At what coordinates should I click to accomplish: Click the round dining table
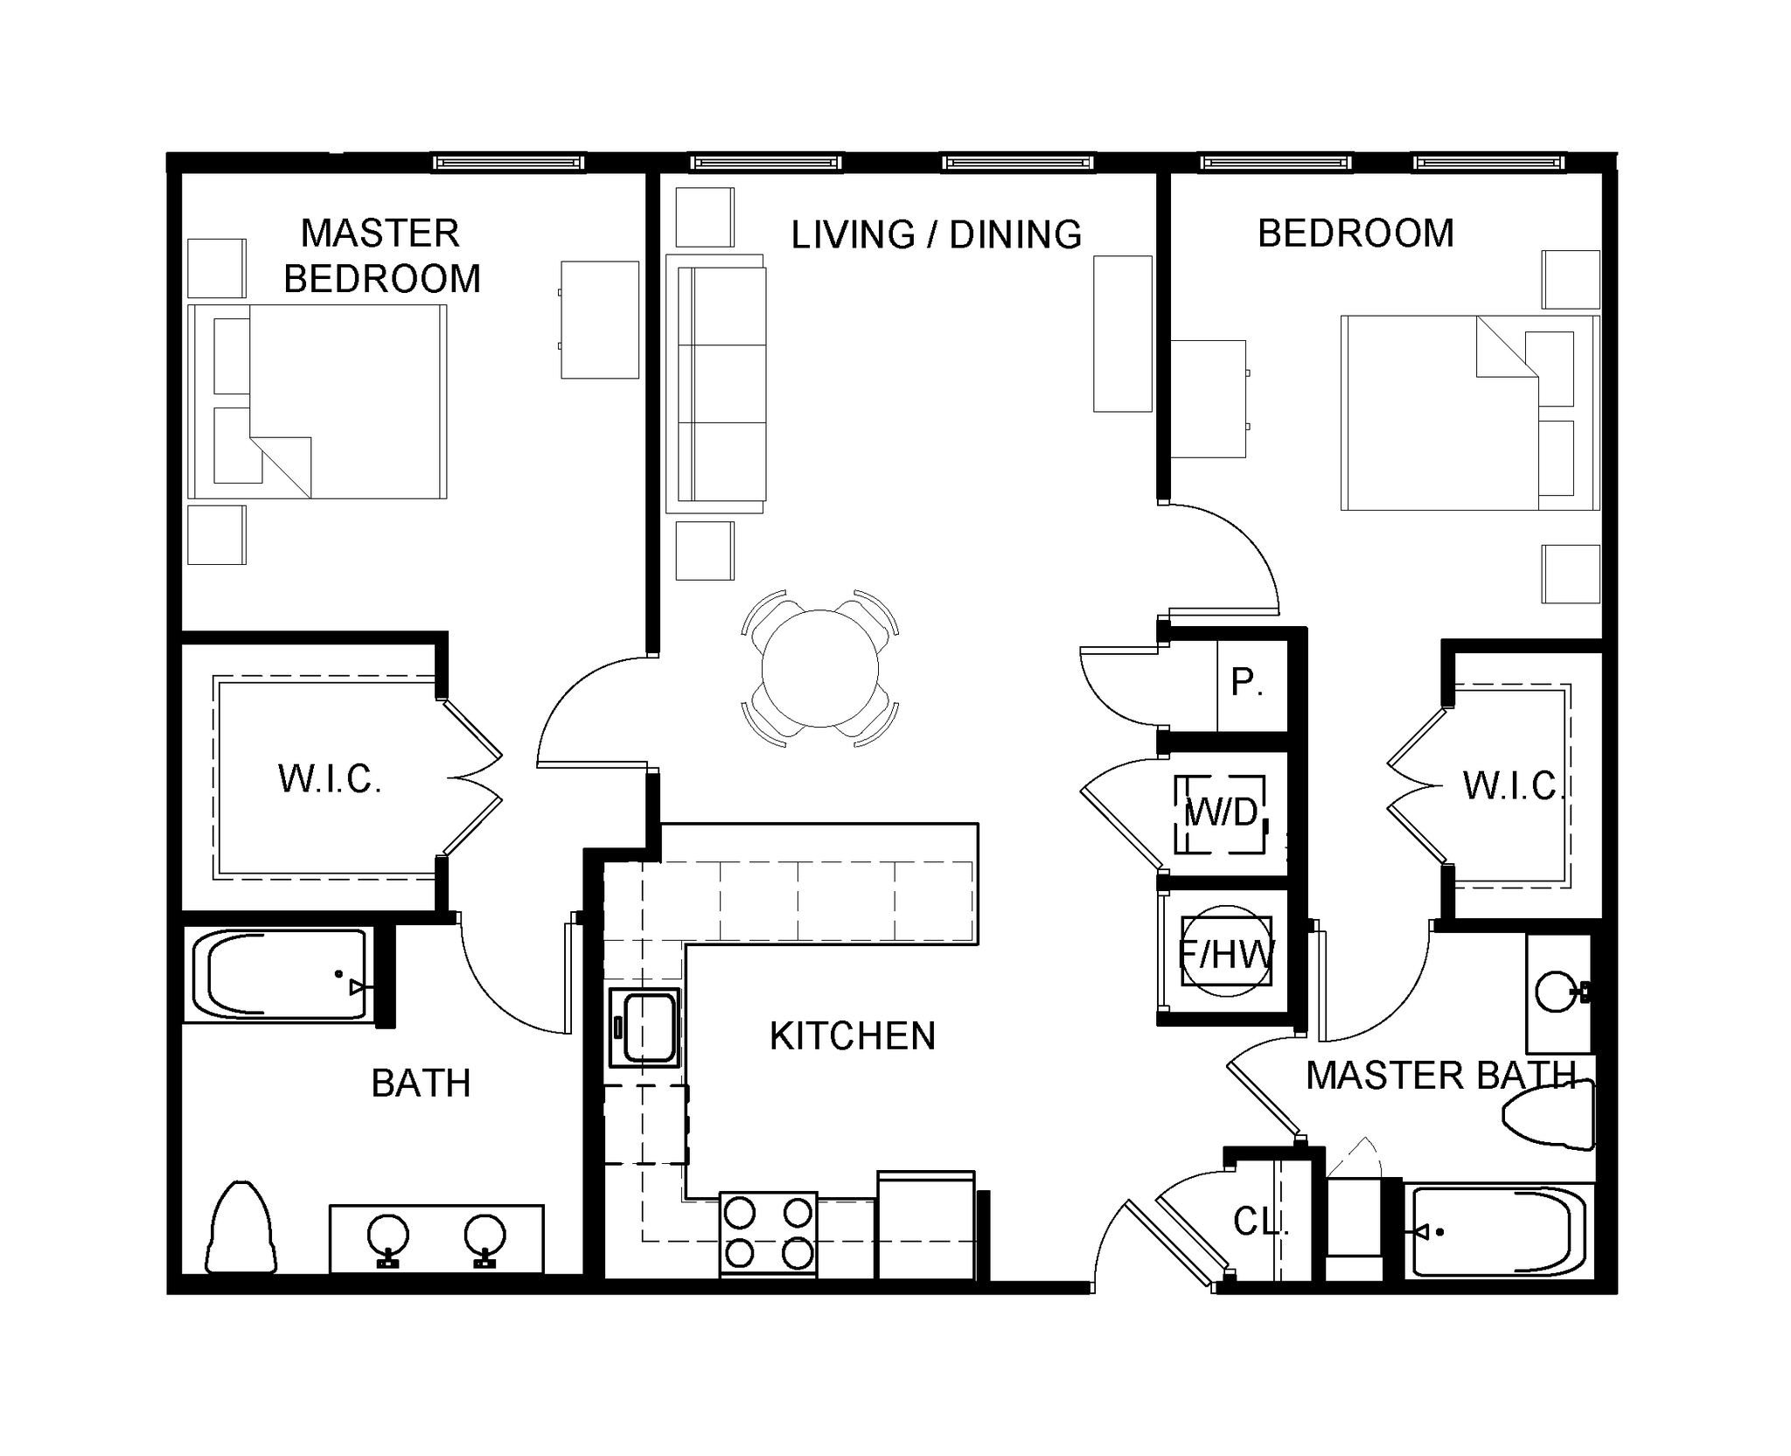(x=819, y=668)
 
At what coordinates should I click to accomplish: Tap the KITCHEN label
(x=852, y=1036)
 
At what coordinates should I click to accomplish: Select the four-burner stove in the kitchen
(x=768, y=1234)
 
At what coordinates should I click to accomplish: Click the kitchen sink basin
(x=645, y=1028)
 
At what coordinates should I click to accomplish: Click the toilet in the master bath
(x=1549, y=1117)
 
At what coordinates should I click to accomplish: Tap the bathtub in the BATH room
(x=278, y=975)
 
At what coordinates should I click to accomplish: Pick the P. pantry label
(x=1246, y=683)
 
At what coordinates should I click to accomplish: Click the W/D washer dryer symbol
(x=1220, y=813)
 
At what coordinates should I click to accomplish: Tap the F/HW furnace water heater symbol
(x=1225, y=954)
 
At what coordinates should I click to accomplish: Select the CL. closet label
(x=1260, y=1222)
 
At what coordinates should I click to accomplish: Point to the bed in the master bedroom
(x=319, y=401)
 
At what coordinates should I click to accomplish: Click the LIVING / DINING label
(x=936, y=235)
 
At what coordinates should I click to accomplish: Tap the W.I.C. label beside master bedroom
(x=329, y=779)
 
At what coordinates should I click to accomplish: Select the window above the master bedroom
(x=508, y=163)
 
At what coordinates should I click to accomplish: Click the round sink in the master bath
(x=1556, y=992)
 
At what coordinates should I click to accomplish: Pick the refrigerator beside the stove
(x=925, y=1227)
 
